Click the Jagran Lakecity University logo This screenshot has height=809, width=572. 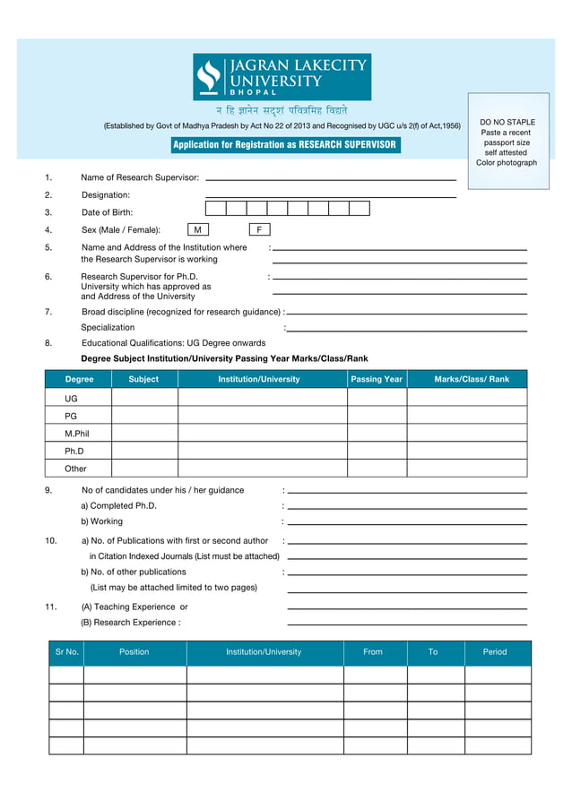pos(282,77)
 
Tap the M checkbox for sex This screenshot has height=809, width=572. pos(197,230)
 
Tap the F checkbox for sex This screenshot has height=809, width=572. pos(259,230)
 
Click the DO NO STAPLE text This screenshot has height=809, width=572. pos(507,122)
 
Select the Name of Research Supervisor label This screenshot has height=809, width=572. pos(140,177)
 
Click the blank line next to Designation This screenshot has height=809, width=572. pos(331,196)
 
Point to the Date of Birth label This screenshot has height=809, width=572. pos(107,212)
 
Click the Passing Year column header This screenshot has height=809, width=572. pos(377,379)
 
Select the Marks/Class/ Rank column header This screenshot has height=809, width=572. pos(471,379)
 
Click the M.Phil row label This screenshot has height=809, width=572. pos(76,434)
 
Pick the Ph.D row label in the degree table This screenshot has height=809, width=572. pos(74,452)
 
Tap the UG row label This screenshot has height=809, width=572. pos(71,398)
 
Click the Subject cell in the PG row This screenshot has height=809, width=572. pos(143,416)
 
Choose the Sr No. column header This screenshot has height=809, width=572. pos(66,652)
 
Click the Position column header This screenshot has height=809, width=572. pos(134,652)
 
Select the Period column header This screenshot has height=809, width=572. pos(495,652)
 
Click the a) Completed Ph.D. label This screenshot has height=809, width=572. pos(118,505)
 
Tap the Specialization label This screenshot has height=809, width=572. pos(108,328)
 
